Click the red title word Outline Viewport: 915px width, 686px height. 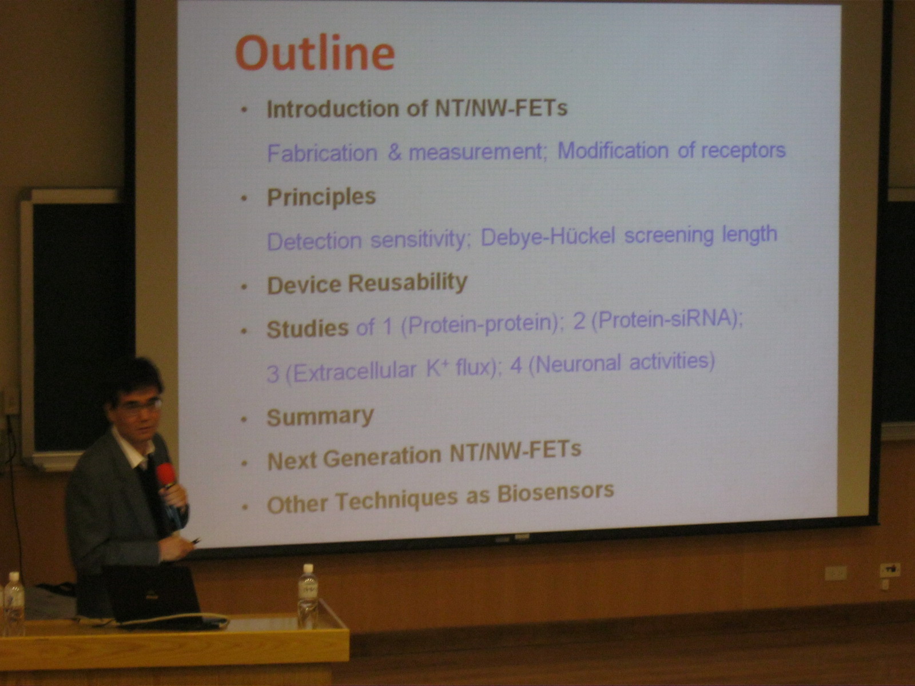(x=315, y=53)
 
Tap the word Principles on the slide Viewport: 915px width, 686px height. (x=321, y=197)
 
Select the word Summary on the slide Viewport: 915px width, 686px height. (x=320, y=417)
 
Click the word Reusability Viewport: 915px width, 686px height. (x=407, y=283)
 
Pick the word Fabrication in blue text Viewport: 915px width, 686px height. (x=322, y=153)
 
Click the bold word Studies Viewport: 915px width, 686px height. (x=308, y=329)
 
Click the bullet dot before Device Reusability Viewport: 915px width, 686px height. (x=244, y=287)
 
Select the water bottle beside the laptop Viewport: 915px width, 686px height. (x=308, y=596)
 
